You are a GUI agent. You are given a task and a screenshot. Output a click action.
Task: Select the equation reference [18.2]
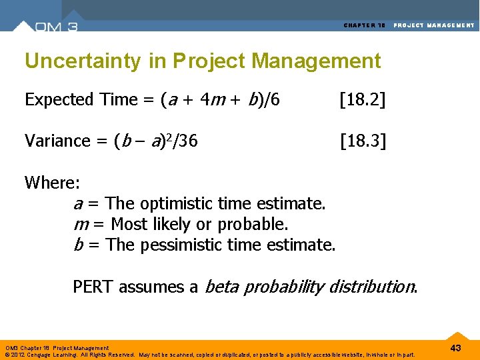[363, 100]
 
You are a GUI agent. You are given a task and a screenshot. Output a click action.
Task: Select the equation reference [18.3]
[363, 141]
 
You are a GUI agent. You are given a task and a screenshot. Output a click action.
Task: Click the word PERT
[93, 287]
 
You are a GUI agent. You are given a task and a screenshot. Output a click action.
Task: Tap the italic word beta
[221, 287]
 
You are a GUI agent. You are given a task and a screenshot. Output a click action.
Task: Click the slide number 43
[456, 348]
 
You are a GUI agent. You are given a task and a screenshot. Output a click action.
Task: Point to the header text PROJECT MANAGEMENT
[434, 25]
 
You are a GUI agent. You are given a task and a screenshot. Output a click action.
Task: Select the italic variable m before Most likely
[79, 224]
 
